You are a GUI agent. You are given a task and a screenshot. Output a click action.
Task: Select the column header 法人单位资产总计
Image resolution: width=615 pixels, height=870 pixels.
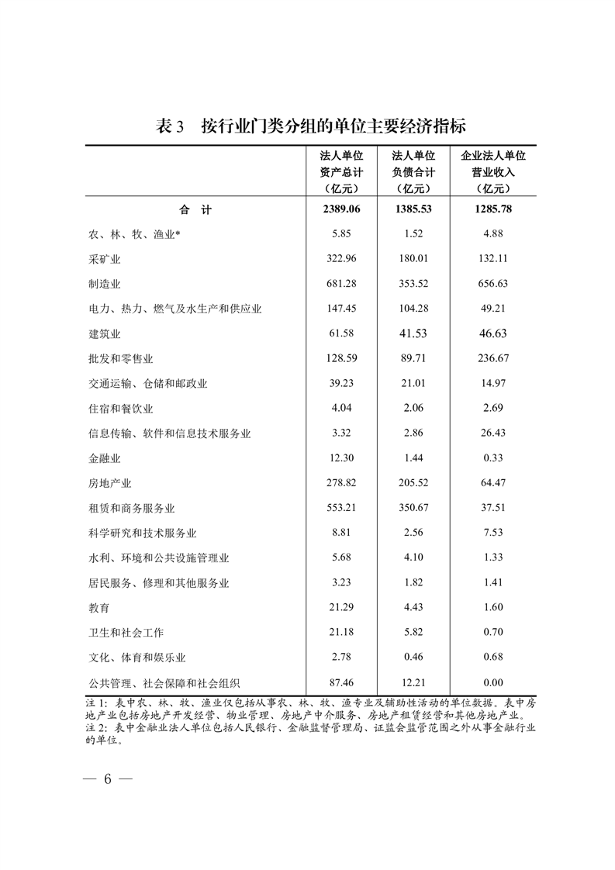(341, 171)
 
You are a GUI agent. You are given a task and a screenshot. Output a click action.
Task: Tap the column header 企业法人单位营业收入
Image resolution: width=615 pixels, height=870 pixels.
(492, 171)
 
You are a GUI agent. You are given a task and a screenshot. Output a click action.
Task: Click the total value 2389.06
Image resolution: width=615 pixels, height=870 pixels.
(341, 209)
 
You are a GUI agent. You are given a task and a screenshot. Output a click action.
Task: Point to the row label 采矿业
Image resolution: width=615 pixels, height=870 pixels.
(105, 259)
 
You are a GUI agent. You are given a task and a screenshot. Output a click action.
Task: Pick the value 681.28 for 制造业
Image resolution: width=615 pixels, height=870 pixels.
(341, 284)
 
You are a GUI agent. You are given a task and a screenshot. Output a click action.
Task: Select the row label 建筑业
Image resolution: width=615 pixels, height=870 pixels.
(105, 333)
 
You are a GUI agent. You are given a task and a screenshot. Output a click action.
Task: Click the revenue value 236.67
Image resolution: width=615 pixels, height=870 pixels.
(492, 358)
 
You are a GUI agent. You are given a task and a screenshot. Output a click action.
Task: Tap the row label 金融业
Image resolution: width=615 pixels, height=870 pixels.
(105, 458)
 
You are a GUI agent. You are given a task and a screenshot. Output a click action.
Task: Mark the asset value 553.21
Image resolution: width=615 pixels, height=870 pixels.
(341, 508)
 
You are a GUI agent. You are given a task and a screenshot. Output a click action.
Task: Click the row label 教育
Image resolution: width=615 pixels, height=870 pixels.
(99, 608)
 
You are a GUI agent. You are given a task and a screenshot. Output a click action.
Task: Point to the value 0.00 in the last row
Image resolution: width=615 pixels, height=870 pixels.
(492, 682)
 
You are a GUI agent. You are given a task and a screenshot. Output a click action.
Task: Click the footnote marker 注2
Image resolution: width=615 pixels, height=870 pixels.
(96, 729)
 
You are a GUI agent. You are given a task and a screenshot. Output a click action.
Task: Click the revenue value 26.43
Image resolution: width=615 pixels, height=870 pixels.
(492, 433)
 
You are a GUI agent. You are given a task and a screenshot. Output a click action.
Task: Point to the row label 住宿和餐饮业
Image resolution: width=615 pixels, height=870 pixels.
(121, 409)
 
